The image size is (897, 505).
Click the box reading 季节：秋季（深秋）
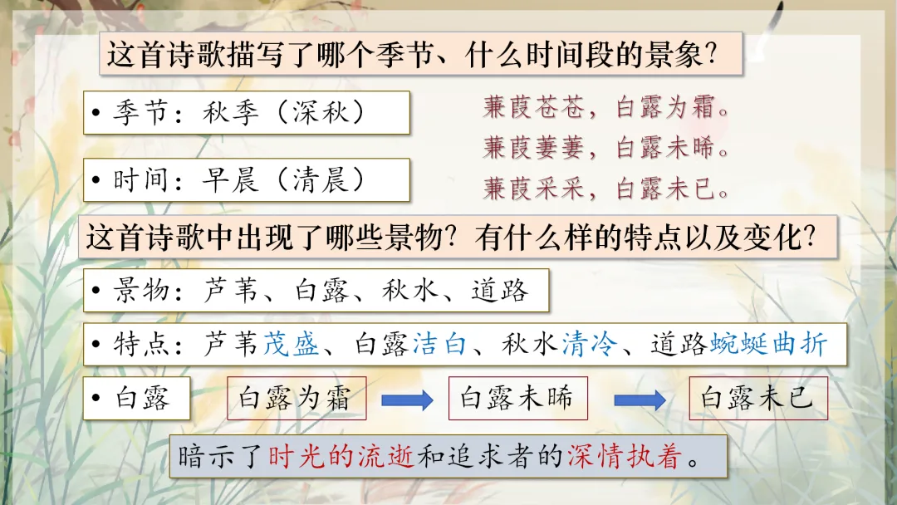pyautogui.click(x=247, y=112)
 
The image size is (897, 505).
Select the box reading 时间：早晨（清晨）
pyautogui.click(x=247, y=179)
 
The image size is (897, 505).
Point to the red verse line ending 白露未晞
pyautogui.click(x=606, y=148)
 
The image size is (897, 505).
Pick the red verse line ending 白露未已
pyautogui.click(x=606, y=189)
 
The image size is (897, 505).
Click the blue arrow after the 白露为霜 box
pyautogui.click(x=407, y=400)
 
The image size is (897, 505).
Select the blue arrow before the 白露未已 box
pyautogui.click(x=640, y=400)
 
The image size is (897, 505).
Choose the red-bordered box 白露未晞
pyautogui.click(x=517, y=399)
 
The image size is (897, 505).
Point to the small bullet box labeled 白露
pyautogui.click(x=138, y=399)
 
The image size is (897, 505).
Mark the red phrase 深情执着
pyautogui.click(x=623, y=456)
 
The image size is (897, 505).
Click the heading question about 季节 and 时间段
pyautogui.click(x=413, y=55)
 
